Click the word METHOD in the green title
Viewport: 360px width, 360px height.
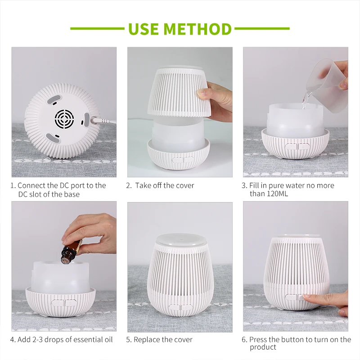[198, 29]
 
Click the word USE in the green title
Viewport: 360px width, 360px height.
[144, 29]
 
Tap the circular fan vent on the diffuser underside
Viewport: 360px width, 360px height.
[64, 119]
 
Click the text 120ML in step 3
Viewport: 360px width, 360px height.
[277, 193]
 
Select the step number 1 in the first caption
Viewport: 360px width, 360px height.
[12, 185]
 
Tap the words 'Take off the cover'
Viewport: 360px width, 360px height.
[165, 185]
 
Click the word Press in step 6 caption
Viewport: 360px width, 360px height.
[257, 339]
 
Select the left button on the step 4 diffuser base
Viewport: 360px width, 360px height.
[58, 303]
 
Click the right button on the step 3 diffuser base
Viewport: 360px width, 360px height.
[304, 146]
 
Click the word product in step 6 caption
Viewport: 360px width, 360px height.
[263, 347]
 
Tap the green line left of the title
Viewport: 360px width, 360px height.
[97, 29]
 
